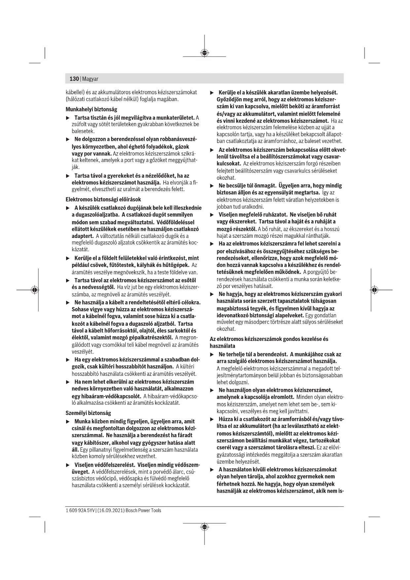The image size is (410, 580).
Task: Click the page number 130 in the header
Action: pos(74,79)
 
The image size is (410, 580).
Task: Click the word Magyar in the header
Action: pos(90,79)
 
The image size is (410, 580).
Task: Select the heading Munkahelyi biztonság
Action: pos(91,109)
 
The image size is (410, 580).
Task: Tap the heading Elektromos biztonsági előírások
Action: pos(103,199)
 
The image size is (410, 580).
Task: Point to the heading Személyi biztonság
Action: pos(88,413)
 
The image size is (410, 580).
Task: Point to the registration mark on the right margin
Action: pos(374,290)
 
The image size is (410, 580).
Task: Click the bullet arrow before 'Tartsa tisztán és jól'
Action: pos(68,118)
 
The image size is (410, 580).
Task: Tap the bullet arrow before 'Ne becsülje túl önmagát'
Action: pos(212,186)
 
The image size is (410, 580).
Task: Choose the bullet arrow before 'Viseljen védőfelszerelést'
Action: pos(68,465)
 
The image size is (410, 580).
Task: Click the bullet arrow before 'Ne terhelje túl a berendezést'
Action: pos(212,354)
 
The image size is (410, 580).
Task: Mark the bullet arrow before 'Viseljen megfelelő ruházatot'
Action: pos(212,215)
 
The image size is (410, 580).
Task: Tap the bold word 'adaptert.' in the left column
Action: pos(83,236)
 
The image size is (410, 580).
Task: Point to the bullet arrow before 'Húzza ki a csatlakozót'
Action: pos(212,419)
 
